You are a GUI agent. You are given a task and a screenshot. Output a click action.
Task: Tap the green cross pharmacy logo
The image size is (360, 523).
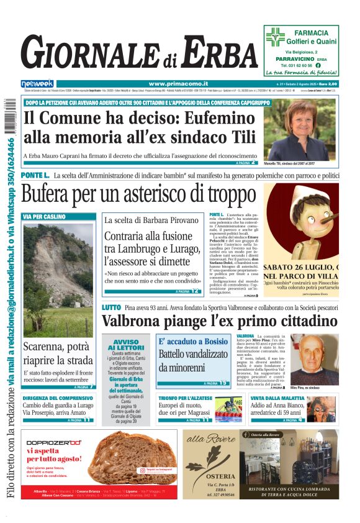click(275, 37)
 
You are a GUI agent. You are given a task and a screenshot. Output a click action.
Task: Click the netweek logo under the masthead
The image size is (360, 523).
click(37, 83)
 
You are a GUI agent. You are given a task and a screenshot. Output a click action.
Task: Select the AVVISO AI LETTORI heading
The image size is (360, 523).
click(126, 344)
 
